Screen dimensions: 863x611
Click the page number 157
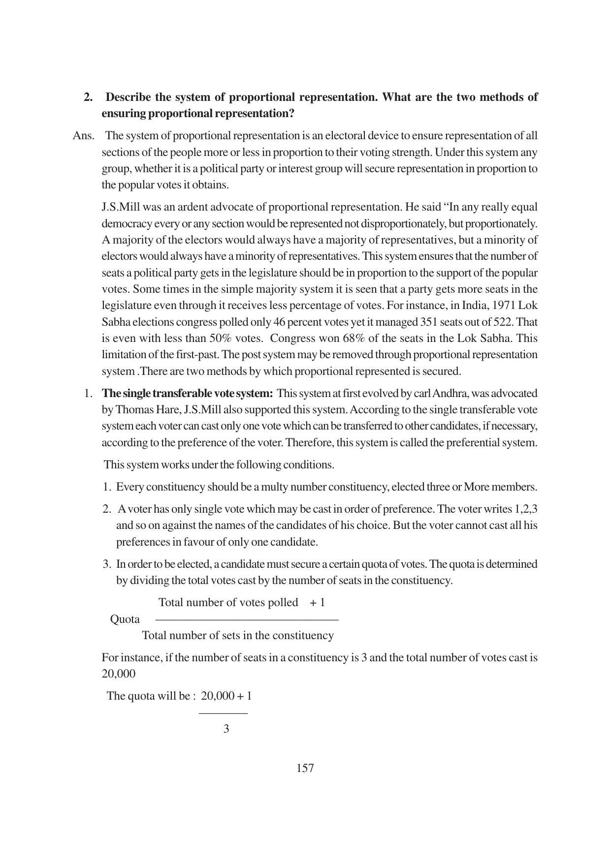point(305,768)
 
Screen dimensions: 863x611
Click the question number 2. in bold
point(88,97)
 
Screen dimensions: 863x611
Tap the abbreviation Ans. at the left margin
point(83,136)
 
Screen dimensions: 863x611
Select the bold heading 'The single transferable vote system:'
point(187,394)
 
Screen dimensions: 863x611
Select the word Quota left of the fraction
point(125,619)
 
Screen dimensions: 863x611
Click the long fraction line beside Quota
point(247,619)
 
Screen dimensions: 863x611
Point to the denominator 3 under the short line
point(226,729)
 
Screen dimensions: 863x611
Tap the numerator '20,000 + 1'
point(226,696)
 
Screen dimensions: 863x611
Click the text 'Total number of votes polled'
point(228,603)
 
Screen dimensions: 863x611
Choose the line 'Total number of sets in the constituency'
point(238,636)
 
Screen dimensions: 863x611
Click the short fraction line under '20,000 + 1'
point(223,713)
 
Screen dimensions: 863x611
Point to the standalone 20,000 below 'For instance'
point(118,674)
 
